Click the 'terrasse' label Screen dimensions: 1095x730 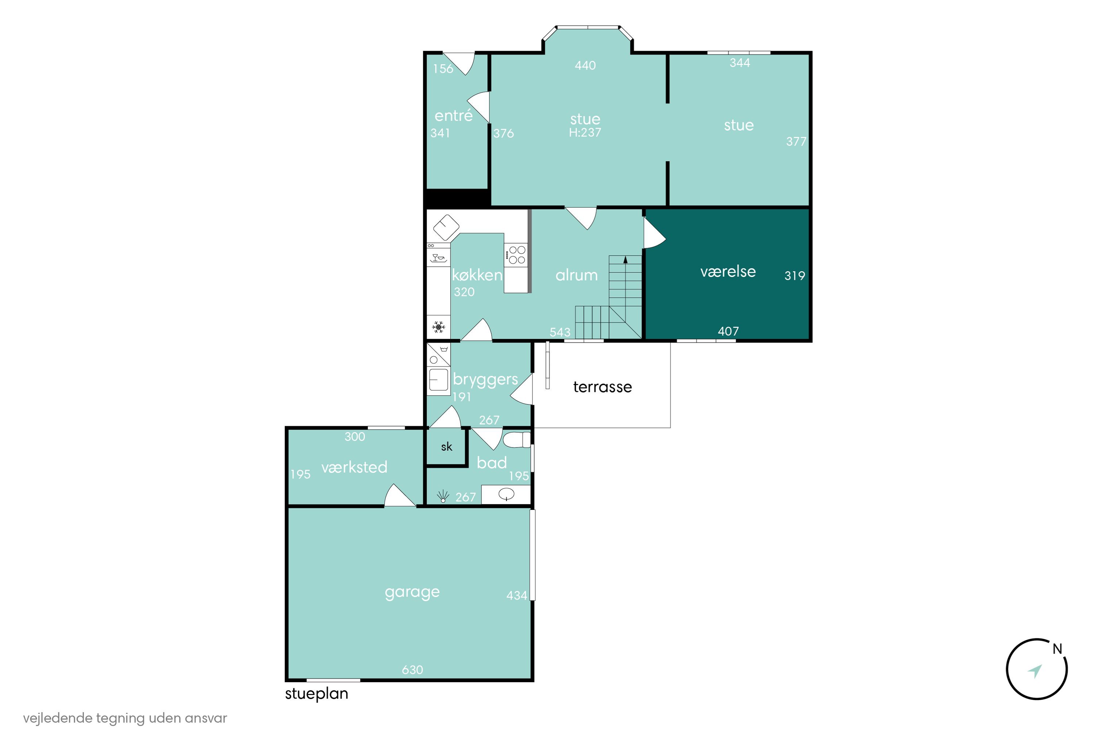point(603,387)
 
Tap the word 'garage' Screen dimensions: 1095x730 point(412,592)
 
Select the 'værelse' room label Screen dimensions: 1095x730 point(728,272)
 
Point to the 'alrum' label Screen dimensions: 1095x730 point(576,275)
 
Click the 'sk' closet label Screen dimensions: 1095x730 point(446,447)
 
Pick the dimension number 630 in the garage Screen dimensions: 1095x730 point(412,669)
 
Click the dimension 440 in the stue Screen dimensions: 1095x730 point(585,66)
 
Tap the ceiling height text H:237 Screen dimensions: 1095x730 point(585,133)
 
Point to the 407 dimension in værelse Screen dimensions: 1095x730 point(728,331)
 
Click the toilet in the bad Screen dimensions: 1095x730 point(517,439)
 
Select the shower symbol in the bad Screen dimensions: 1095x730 point(443,496)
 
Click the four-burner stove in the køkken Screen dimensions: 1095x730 point(516,255)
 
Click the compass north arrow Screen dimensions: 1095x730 point(1034,671)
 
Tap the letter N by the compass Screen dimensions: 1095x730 point(1057,649)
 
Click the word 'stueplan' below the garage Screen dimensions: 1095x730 point(316,694)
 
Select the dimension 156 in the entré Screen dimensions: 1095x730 point(443,69)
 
